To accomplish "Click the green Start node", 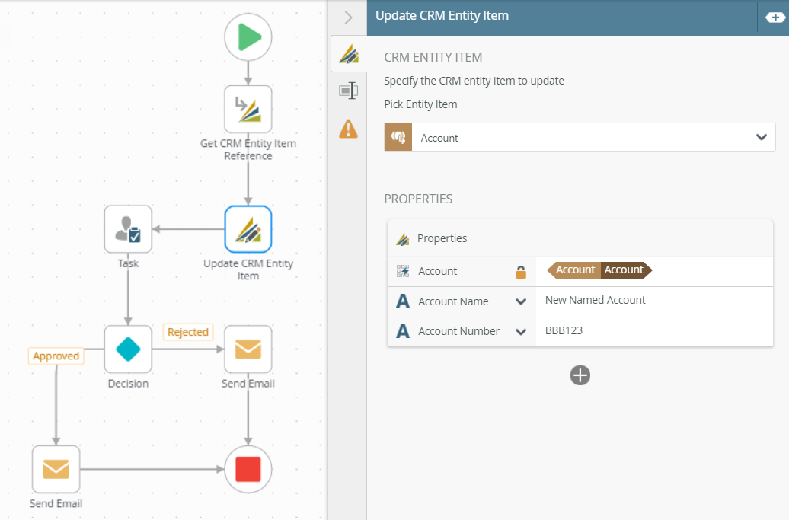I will pyautogui.click(x=248, y=37).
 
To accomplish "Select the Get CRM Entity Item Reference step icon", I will pyautogui.click(x=248, y=109).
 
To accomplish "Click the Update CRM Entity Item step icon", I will pyautogui.click(x=248, y=229).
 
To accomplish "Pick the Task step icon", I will pyautogui.click(x=128, y=229).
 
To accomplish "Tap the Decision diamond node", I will pyautogui.click(x=128, y=349).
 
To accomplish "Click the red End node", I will pyautogui.click(x=248, y=469).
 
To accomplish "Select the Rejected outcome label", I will pyautogui.click(x=188, y=332).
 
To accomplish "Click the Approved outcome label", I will pyautogui.click(x=56, y=356).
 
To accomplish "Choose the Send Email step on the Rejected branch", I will pyautogui.click(x=248, y=349).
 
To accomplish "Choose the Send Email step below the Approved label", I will pyautogui.click(x=56, y=469).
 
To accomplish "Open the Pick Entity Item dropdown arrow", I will pyautogui.click(x=761, y=137).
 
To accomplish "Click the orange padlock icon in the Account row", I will pyautogui.click(x=521, y=272).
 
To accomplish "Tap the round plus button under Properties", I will pyautogui.click(x=580, y=375).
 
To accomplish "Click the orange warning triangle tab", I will pyautogui.click(x=348, y=129).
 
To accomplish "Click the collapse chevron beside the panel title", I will pyautogui.click(x=348, y=17).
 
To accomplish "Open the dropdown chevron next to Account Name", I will pyautogui.click(x=521, y=301).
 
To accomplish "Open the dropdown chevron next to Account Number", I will pyautogui.click(x=521, y=332).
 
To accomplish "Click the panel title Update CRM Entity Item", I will pyautogui.click(x=442, y=15).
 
